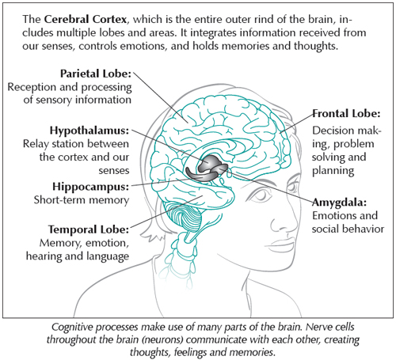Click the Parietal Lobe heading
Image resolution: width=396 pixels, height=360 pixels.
click(96, 74)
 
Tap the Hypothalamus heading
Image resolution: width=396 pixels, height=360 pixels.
click(89, 131)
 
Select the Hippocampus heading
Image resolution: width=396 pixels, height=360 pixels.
click(91, 187)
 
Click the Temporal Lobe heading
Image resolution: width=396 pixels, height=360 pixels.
click(89, 229)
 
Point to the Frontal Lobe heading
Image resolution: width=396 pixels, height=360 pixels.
click(346, 114)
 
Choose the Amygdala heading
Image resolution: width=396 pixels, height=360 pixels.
click(340, 203)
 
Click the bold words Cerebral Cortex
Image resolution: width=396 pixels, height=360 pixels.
click(86, 19)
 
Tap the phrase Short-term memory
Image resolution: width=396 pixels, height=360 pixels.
click(82, 200)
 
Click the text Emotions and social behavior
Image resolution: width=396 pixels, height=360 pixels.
click(348, 222)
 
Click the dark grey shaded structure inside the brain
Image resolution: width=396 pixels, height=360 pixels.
click(207, 169)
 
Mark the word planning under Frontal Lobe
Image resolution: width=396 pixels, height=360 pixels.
click(333, 171)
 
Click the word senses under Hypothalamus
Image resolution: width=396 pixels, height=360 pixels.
click(114, 171)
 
